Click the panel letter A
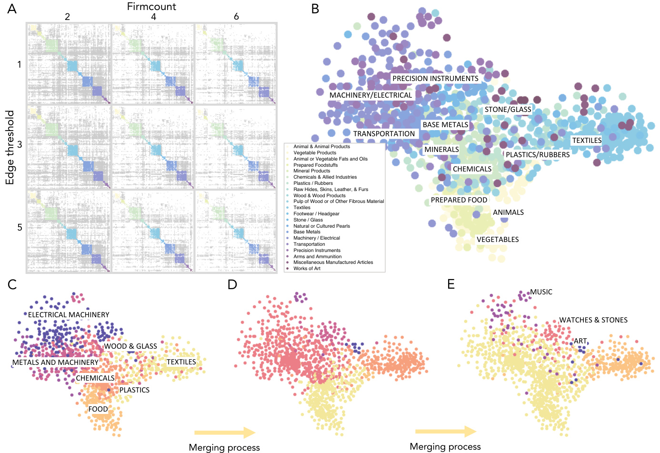pyautogui.click(x=12, y=9)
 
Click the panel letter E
pyautogui.click(x=451, y=284)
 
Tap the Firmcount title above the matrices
pyautogui.click(x=151, y=7)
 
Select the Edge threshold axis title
pyautogui.click(x=10, y=148)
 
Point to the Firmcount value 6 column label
pyautogui.click(x=236, y=17)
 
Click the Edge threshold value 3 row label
pyautogui.click(x=20, y=144)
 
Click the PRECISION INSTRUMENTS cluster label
pyautogui.click(x=435, y=79)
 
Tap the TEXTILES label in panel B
pyautogui.click(x=587, y=141)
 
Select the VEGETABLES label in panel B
pyautogui.click(x=498, y=240)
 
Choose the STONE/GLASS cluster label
pyautogui.click(x=508, y=110)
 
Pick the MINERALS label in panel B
pyautogui.click(x=441, y=150)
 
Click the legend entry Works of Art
pyautogui.click(x=307, y=269)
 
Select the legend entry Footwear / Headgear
pyautogui.click(x=316, y=214)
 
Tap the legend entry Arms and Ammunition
pyautogui.click(x=317, y=256)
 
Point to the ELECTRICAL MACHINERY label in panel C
pyautogui.click(x=69, y=315)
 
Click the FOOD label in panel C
pyautogui.click(x=98, y=409)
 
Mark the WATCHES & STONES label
pyautogui.click(x=593, y=320)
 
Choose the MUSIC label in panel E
pyautogui.click(x=541, y=292)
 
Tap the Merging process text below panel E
pyautogui.click(x=445, y=447)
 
